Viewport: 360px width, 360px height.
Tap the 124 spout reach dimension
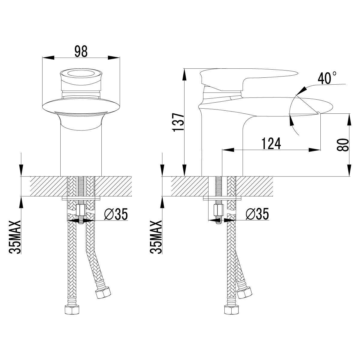pos(271,143)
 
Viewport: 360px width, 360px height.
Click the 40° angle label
pos(327,79)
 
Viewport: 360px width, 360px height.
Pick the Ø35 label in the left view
pos(115,215)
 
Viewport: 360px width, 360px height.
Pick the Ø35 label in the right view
pos(257,215)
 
